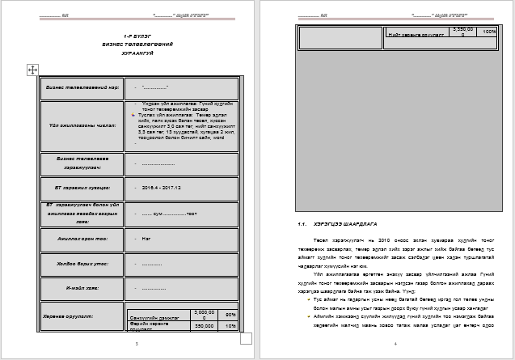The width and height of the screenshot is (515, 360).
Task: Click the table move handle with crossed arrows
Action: pos(33,70)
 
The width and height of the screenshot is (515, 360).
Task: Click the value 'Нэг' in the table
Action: pos(146,239)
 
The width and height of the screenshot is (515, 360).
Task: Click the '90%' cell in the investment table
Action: pos(230,314)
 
